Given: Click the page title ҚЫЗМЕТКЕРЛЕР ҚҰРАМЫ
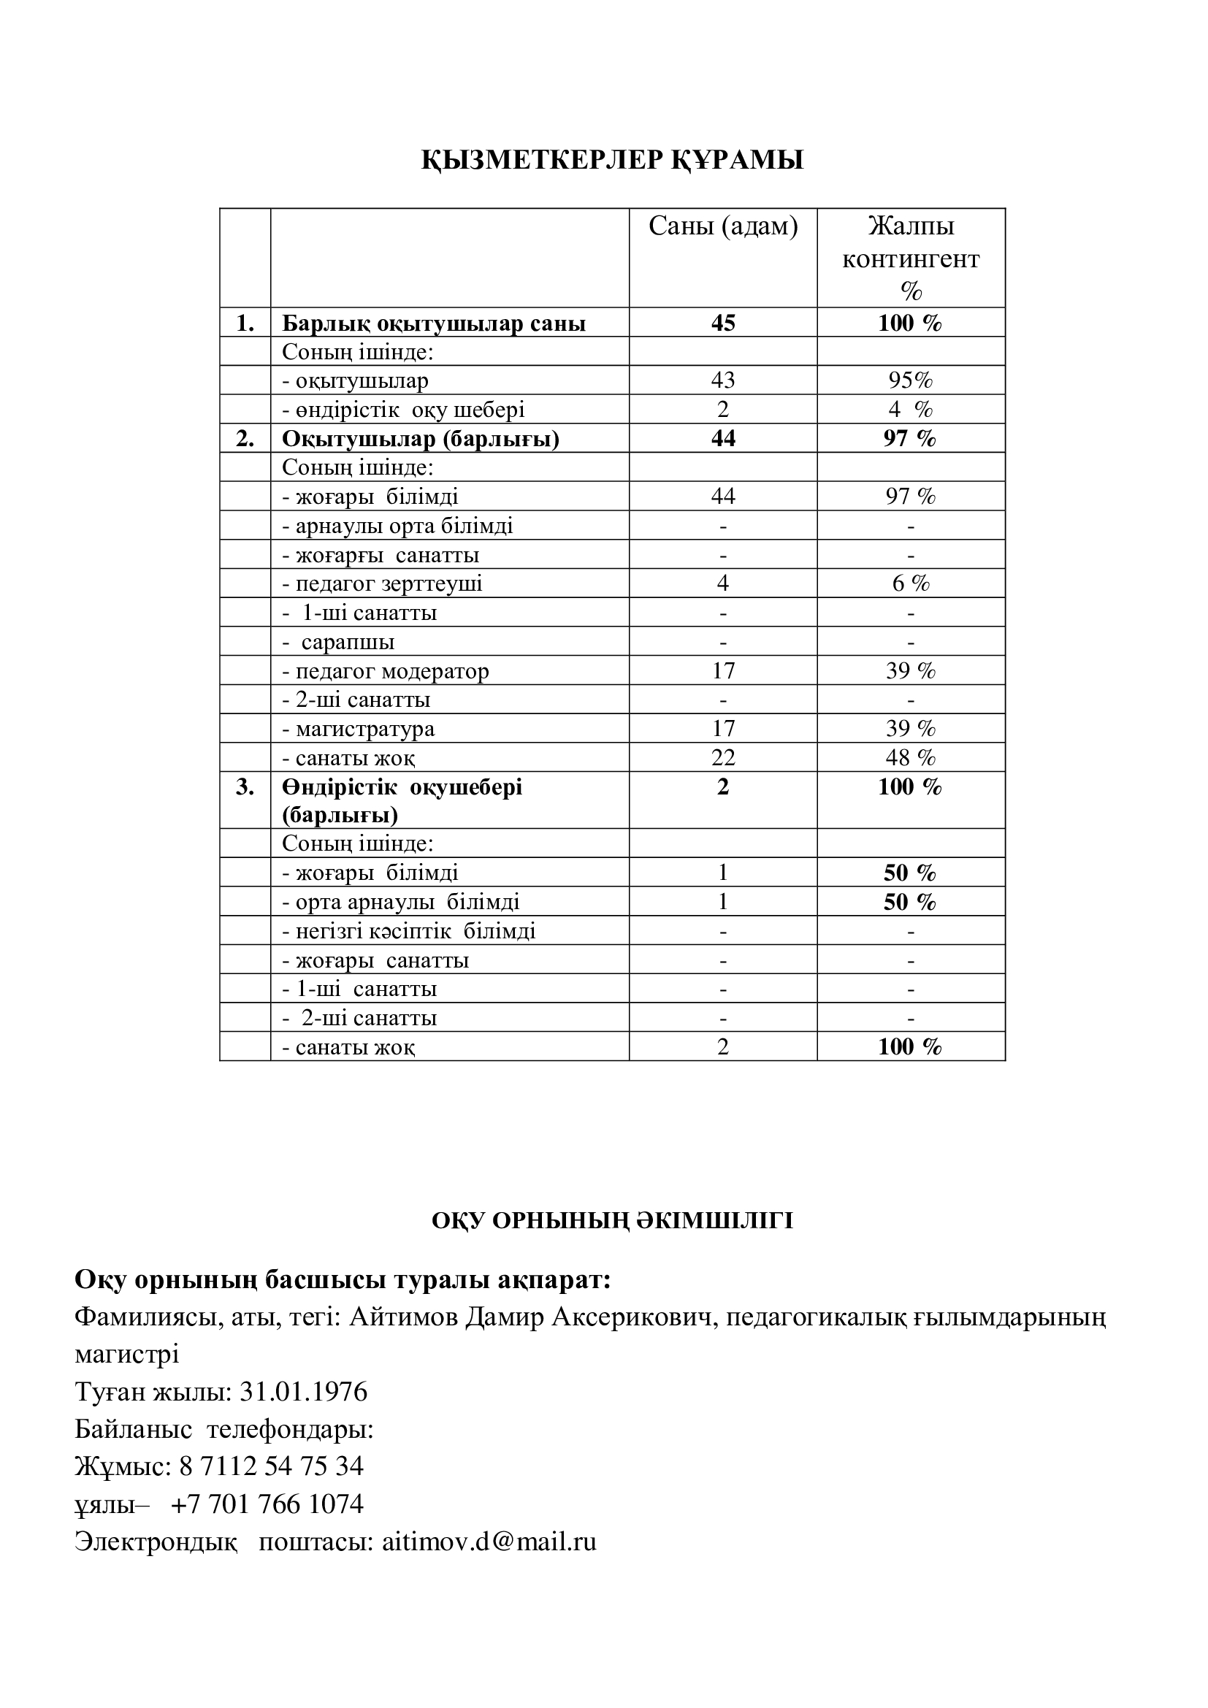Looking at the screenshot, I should point(612,160).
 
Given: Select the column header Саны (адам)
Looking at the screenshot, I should point(722,226).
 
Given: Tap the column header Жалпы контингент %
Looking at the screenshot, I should point(911,257).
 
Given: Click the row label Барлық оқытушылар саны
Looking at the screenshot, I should point(433,323).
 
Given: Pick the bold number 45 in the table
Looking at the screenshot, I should point(722,323).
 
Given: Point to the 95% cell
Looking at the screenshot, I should point(911,381).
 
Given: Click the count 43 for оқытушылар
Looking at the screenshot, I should point(722,381).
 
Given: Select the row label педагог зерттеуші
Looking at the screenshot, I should point(381,584).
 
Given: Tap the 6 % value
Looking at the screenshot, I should point(911,584).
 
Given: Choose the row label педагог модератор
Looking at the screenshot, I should point(386,671).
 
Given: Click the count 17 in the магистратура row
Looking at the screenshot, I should point(722,728).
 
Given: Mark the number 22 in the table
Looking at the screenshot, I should point(722,757).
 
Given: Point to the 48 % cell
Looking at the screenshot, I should point(911,757).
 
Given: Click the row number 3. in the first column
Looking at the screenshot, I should point(245,787).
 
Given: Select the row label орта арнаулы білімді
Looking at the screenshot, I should point(400,903).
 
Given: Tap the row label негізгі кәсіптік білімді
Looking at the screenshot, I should point(408,931).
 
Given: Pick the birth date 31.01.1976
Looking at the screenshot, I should point(304,1392).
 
